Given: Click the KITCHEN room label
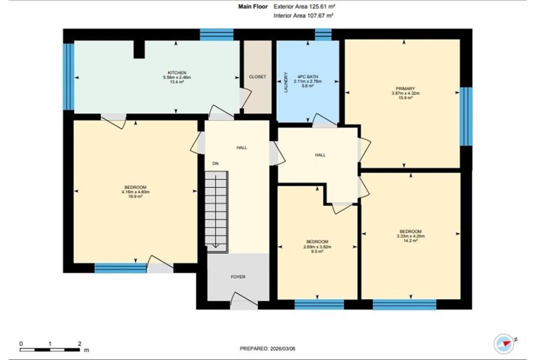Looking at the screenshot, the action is tap(177, 73).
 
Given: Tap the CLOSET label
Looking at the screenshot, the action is tap(258, 77).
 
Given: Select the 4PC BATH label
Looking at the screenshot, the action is tap(308, 77).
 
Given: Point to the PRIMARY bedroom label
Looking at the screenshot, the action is tap(406, 89).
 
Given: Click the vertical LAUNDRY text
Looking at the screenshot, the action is tap(285, 82).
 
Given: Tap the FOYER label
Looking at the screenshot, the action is tap(238, 277).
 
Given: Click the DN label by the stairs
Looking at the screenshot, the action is tap(215, 163).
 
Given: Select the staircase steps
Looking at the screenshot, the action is tap(217, 212).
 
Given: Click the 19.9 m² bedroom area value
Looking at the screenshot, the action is tap(136, 196).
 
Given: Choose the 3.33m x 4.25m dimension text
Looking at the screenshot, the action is tap(410, 236).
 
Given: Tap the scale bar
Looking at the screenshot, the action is tap(49, 349).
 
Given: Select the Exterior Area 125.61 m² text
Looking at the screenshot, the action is tap(305, 6).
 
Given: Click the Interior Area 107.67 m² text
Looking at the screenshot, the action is tap(303, 15).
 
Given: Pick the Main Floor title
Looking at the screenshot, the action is tap(253, 6).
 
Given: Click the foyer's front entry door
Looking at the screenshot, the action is tap(244, 301).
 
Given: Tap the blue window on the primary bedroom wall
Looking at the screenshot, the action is tap(466, 116).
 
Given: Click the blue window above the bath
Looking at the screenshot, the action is tap(323, 35).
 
